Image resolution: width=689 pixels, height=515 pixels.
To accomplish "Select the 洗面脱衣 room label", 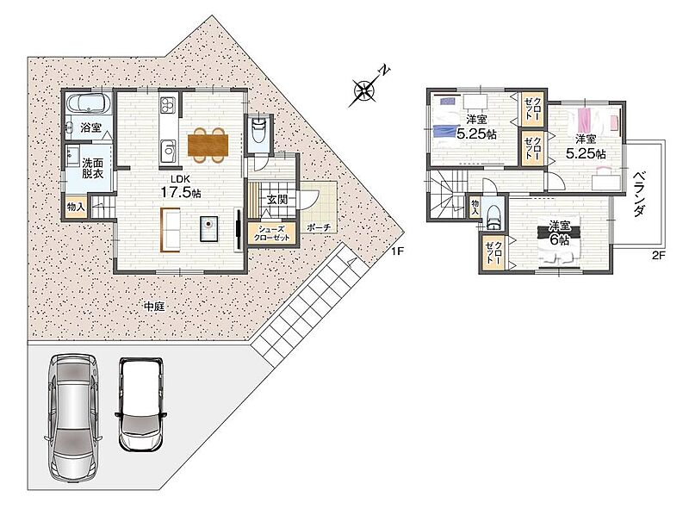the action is [92, 168].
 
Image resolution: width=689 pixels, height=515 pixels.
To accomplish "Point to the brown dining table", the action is [208, 145].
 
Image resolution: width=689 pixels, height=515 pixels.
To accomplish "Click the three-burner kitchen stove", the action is [167, 105].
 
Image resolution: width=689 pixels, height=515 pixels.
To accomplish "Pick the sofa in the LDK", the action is [171, 230].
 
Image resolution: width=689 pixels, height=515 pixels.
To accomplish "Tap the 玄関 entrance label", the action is [277, 200].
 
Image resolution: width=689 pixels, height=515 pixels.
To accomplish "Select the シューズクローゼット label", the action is [271, 233].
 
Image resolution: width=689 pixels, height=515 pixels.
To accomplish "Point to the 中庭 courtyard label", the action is [154, 307].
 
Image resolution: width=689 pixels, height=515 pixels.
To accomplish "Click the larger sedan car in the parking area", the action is [74, 418].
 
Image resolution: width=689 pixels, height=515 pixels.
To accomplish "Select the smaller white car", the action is [140, 403].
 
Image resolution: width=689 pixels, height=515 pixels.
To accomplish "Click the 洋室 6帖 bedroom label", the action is [559, 233].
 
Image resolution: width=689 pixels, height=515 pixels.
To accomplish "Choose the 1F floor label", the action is [398, 251].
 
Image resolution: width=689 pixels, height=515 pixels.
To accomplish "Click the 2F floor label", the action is [658, 256].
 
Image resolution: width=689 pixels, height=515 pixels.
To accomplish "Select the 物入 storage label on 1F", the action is [76, 207].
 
